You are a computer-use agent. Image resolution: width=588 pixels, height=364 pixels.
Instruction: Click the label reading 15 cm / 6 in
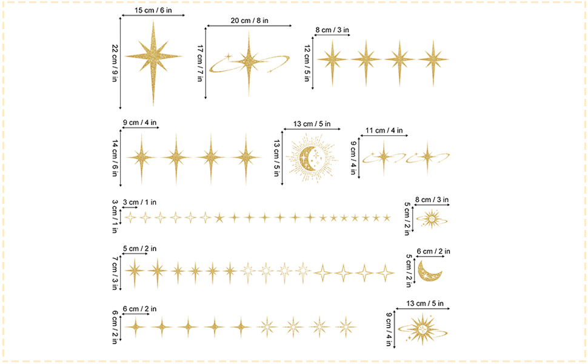pyautogui.click(x=153, y=10)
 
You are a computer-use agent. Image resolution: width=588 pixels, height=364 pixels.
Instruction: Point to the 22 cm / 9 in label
pyautogui.click(x=115, y=63)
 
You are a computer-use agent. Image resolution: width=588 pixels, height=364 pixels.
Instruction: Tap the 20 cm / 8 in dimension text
pyautogui.click(x=249, y=20)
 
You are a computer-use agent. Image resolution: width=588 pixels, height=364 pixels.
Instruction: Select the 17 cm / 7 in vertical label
pyautogui.click(x=200, y=63)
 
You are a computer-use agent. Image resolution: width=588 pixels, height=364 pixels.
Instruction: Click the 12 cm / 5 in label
pyautogui.click(x=307, y=63)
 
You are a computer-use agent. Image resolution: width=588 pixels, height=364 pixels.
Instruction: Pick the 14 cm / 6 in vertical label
pyautogui.click(x=115, y=158)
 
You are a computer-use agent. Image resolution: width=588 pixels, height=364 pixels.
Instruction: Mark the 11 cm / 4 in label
pyautogui.click(x=384, y=130)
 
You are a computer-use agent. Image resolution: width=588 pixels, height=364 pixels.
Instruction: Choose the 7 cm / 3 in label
pyautogui.click(x=115, y=273)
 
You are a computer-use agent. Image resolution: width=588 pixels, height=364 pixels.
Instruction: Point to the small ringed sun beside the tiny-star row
pyautogui.click(x=432, y=218)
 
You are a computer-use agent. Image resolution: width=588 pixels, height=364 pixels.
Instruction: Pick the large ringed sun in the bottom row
pyautogui.click(x=423, y=329)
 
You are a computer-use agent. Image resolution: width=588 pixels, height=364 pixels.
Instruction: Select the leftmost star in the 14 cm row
pyautogui.click(x=141, y=158)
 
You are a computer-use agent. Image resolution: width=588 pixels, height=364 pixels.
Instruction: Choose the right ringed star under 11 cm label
pyautogui.click(x=427, y=157)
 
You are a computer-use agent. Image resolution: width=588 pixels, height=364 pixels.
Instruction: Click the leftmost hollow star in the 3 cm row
pyautogui.click(x=130, y=217)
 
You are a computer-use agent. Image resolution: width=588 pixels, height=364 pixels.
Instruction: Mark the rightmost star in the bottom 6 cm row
pyautogui.click(x=346, y=327)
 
